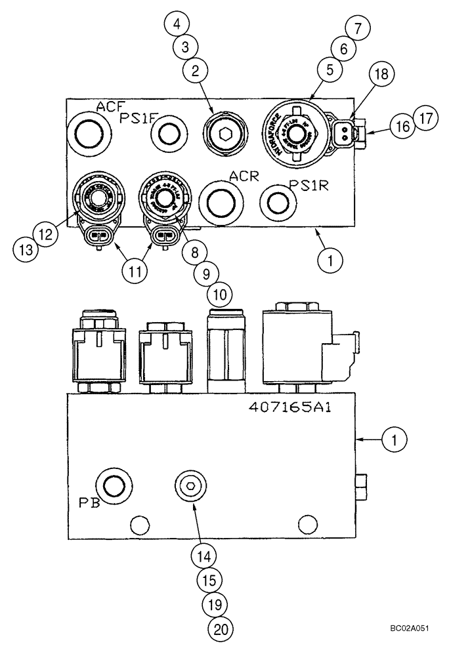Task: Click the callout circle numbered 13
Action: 25,249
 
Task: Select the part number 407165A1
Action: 290,407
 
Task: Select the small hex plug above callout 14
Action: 189,486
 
